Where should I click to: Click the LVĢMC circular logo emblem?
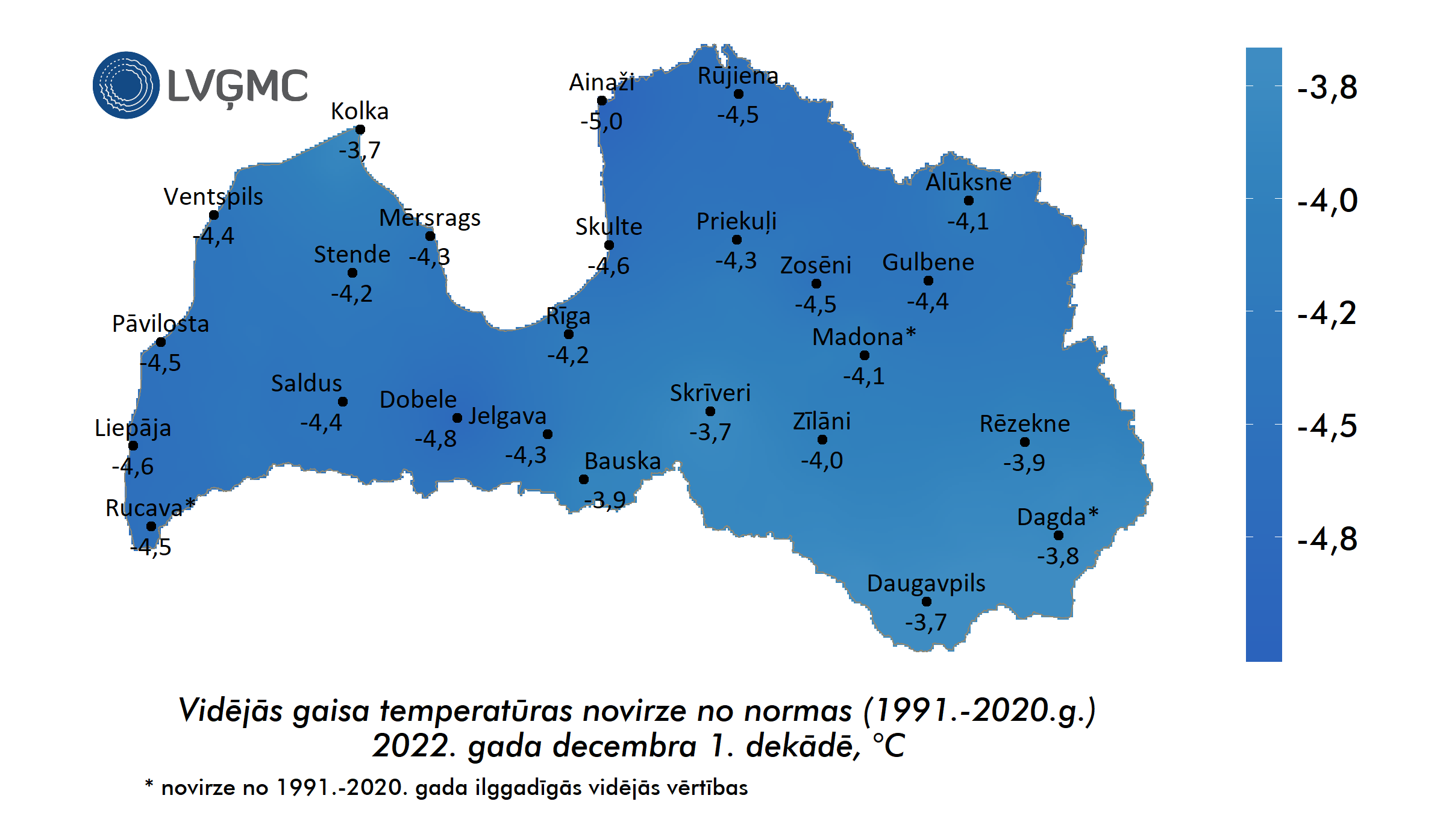click(x=126, y=85)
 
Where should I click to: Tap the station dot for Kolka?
click(x=360, y=129)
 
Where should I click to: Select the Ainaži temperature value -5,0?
click(x=601, y=122)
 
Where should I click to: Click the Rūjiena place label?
click(x=738, y=76)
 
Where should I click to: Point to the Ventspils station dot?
click(x=214, y=215)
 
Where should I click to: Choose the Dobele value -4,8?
click(x=436, y=439)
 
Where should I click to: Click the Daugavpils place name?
click(x=926, y=584)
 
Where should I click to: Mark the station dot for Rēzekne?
click(x=1025, y=442)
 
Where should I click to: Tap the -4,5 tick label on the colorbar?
click(x=1327, y=426)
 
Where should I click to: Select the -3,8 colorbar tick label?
click(x=1327, y=88)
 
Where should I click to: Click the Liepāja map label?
click(x=133, y=428)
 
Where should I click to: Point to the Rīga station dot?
click(x=569, y=334)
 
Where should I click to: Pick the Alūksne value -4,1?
click(x=968, y=222)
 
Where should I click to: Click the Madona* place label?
click(x=864, y=337)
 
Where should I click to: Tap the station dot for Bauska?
click(x=584, y=479)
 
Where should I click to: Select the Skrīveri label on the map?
click(x=710, y=393)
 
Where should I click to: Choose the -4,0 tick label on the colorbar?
click(x=1327, y=201)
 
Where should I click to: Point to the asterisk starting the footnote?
click(x=149, y=783)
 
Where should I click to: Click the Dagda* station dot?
click(x=1059, y=535)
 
